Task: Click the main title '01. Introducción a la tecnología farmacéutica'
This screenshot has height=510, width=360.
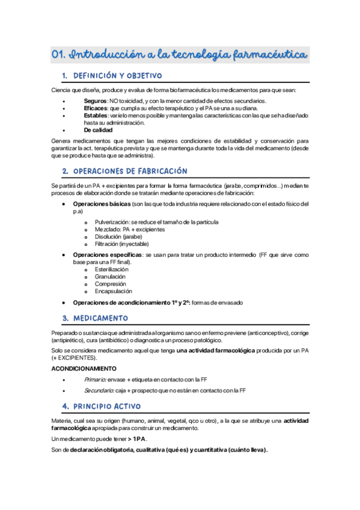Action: [180, 55]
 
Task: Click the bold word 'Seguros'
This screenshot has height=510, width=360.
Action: [96, 100]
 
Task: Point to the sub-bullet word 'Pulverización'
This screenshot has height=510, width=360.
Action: [112, 222]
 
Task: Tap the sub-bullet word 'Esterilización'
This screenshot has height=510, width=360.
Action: [111, 269]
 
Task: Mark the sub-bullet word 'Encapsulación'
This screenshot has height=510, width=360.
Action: [113, 291]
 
